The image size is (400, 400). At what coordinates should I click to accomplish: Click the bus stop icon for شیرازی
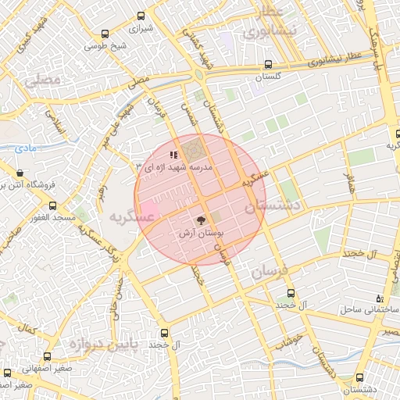141,16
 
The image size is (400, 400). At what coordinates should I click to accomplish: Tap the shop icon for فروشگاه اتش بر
20,173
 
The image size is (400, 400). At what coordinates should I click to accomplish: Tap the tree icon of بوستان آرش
201,220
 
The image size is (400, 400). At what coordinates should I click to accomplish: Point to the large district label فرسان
270,273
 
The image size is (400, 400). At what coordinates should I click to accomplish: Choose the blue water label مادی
26,146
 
